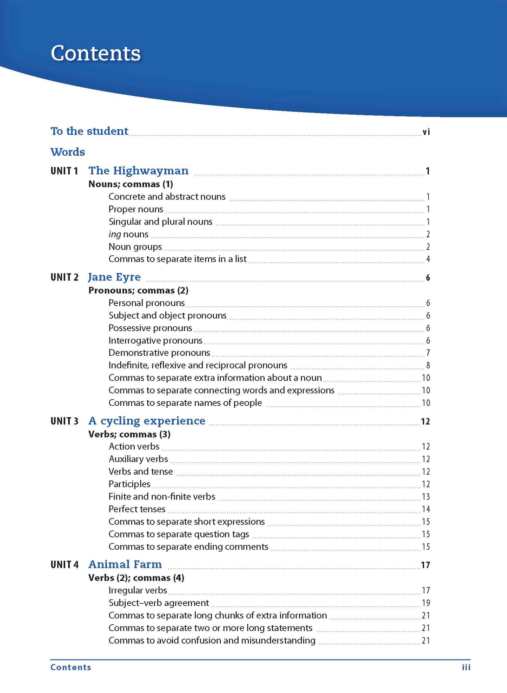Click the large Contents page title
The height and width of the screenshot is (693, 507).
click(95, 54)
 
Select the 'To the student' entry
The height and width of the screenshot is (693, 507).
click(89, 131)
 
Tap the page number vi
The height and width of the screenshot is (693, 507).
click(426, 132)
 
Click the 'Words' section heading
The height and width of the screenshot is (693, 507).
click(68, 152)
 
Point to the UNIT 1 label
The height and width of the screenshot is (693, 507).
click(64, 171)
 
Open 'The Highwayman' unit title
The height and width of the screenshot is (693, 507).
click(138, 171)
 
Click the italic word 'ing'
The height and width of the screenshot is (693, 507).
click(114, 235)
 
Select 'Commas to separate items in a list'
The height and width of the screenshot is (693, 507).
click(177, 259)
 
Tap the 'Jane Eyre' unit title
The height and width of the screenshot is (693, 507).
click(114, 277)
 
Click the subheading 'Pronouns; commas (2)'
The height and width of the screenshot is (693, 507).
click(138, 290)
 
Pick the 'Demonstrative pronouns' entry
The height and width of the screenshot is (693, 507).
click(159, 353)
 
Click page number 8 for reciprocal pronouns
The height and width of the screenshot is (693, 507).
click(428, 366)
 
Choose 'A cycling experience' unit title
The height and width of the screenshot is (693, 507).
click(147, 421)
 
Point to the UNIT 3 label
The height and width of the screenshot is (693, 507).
click(64, 421)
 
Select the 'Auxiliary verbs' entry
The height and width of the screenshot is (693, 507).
click(138, 459)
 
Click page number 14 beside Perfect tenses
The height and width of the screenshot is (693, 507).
click(426, 509)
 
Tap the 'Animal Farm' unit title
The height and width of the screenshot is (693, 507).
click(125, 564)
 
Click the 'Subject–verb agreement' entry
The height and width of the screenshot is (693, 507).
click(159, 603)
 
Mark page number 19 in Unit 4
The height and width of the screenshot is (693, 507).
click(426, 603)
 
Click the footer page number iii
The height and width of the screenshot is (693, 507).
click(466, 667)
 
